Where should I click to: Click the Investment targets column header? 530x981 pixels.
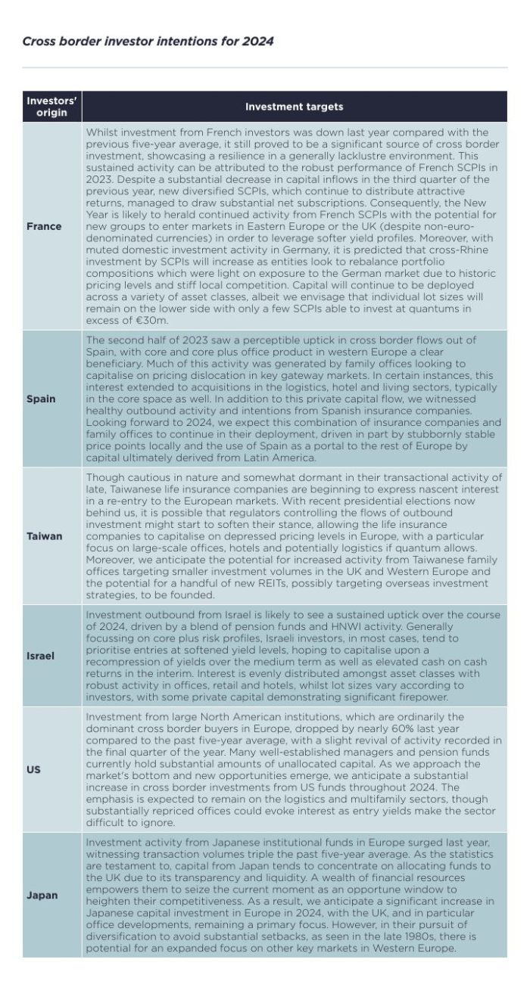click(294, 107)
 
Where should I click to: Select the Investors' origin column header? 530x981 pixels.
click(51, 107)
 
